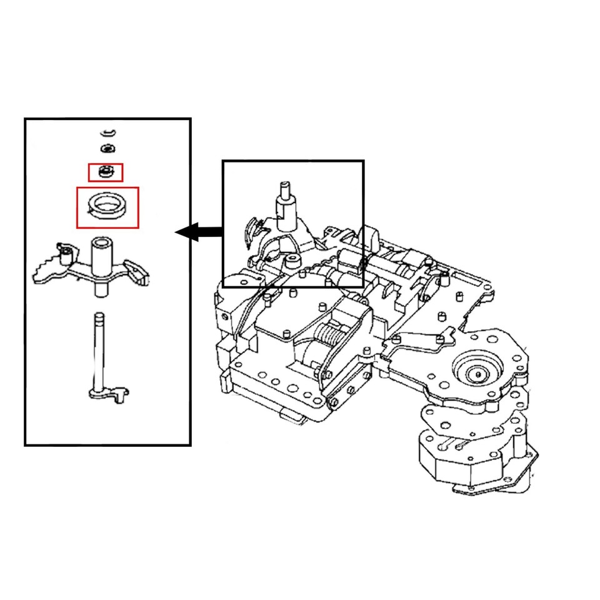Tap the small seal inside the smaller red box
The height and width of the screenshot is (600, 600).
point(105,171)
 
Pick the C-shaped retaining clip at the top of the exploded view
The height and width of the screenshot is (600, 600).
point(108,132)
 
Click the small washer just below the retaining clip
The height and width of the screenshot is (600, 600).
point(108,148)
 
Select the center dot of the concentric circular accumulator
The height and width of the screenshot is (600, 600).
point(478,373)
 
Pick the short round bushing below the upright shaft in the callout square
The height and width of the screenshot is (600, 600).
point(291,259)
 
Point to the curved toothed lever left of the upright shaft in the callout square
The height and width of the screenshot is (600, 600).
point(252,231)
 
